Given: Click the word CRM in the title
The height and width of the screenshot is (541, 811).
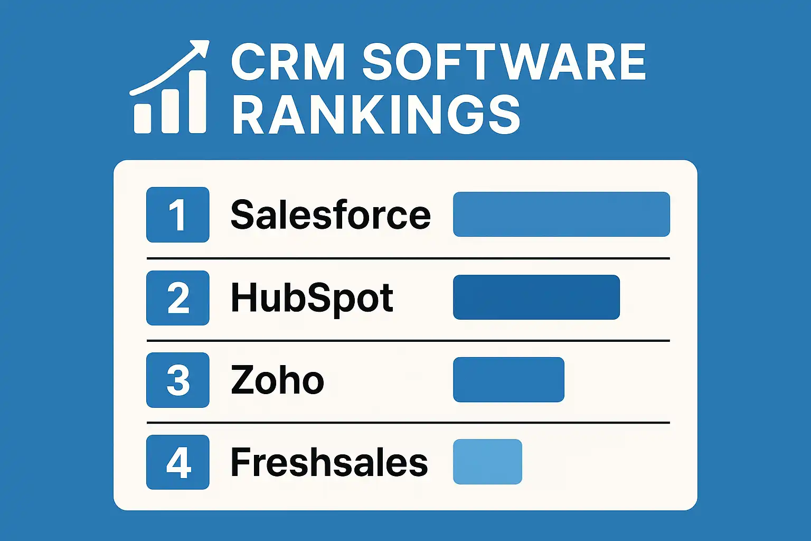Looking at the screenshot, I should click(x=288, y=62).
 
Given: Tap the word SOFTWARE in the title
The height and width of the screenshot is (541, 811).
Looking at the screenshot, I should click(x=504, y=62).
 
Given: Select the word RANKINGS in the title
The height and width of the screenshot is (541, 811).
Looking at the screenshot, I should click(x=376, y=115).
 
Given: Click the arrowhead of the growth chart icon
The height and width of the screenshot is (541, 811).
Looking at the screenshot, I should click(x=200, y=48).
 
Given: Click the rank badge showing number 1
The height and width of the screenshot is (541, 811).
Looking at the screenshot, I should click(x=177, y=214).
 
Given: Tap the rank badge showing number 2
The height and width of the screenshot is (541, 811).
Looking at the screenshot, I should click(x=177, y=297).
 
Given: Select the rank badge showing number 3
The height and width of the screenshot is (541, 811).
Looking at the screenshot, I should click(x=177, y=380).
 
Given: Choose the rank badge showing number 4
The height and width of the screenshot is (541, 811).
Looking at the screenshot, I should click(x=177, y=462).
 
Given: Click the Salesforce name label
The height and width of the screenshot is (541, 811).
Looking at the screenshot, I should click(x=331, y=214).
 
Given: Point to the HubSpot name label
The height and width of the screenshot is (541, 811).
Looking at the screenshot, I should click(x=312, y=297).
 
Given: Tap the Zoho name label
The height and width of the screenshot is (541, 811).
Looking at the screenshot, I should click(x=277, y=380).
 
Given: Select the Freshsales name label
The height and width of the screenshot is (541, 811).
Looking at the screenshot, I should click(x=329, y=462).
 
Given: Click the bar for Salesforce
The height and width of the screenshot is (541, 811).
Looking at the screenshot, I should click(x=561, y=214).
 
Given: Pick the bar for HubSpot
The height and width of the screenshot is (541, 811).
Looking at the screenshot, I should click(x=536, y=297).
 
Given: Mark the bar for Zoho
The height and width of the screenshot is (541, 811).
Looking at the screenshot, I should click(x=508, y=379).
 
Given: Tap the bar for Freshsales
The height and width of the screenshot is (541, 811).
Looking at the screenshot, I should click(x=487, y=462).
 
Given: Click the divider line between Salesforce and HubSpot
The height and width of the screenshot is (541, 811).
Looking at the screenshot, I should click(x=408, y=258).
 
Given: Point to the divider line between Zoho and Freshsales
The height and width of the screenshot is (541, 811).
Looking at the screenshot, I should click(x=408, y=423).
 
